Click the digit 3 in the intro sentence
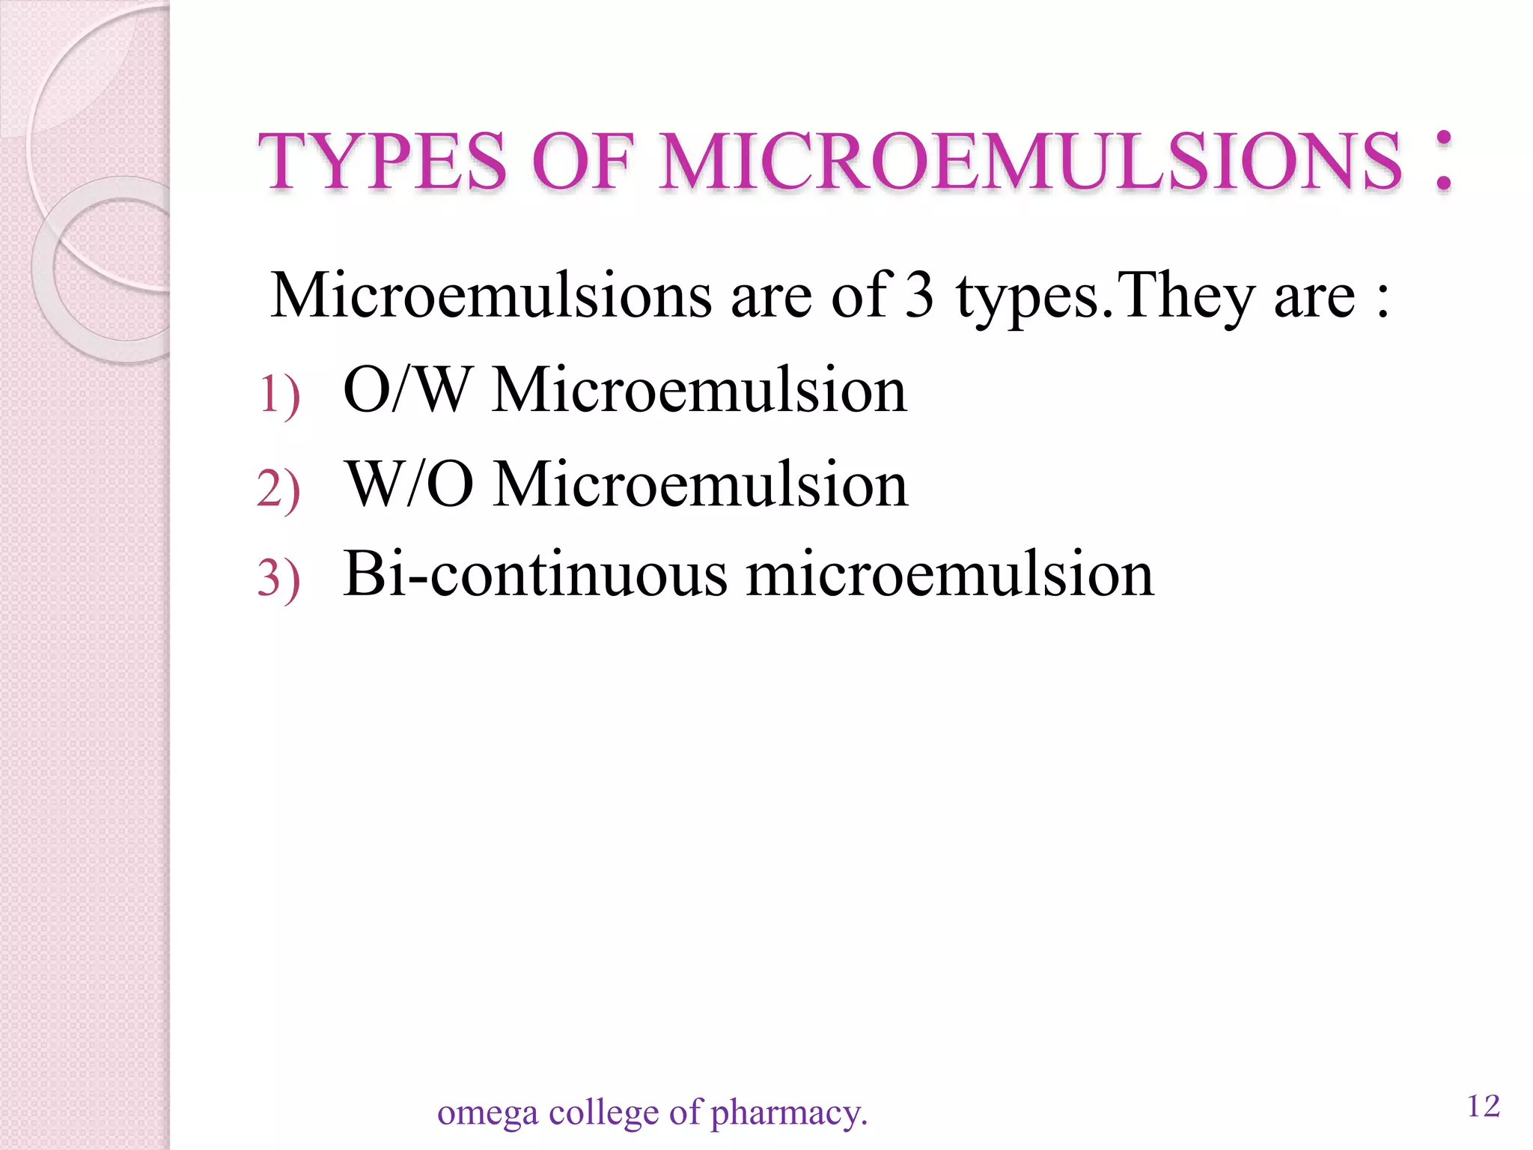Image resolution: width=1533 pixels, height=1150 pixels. click(x=919, y=295)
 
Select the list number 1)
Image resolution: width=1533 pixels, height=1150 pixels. click(x=279, y=395)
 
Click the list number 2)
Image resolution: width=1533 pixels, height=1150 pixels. click(x=278, y=488)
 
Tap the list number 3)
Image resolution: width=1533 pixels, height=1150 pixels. click(x=278, y=579)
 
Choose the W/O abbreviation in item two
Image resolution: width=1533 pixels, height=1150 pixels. click(x=409, y=484)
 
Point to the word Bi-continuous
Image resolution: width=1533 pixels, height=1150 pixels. click(x=535, y=575)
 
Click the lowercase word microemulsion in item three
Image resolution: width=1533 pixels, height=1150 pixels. click(x=950, y=575)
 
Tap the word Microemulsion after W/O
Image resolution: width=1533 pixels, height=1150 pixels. click(x=701, y=484)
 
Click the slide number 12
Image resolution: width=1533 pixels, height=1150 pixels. click(x=1484, y=1106)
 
